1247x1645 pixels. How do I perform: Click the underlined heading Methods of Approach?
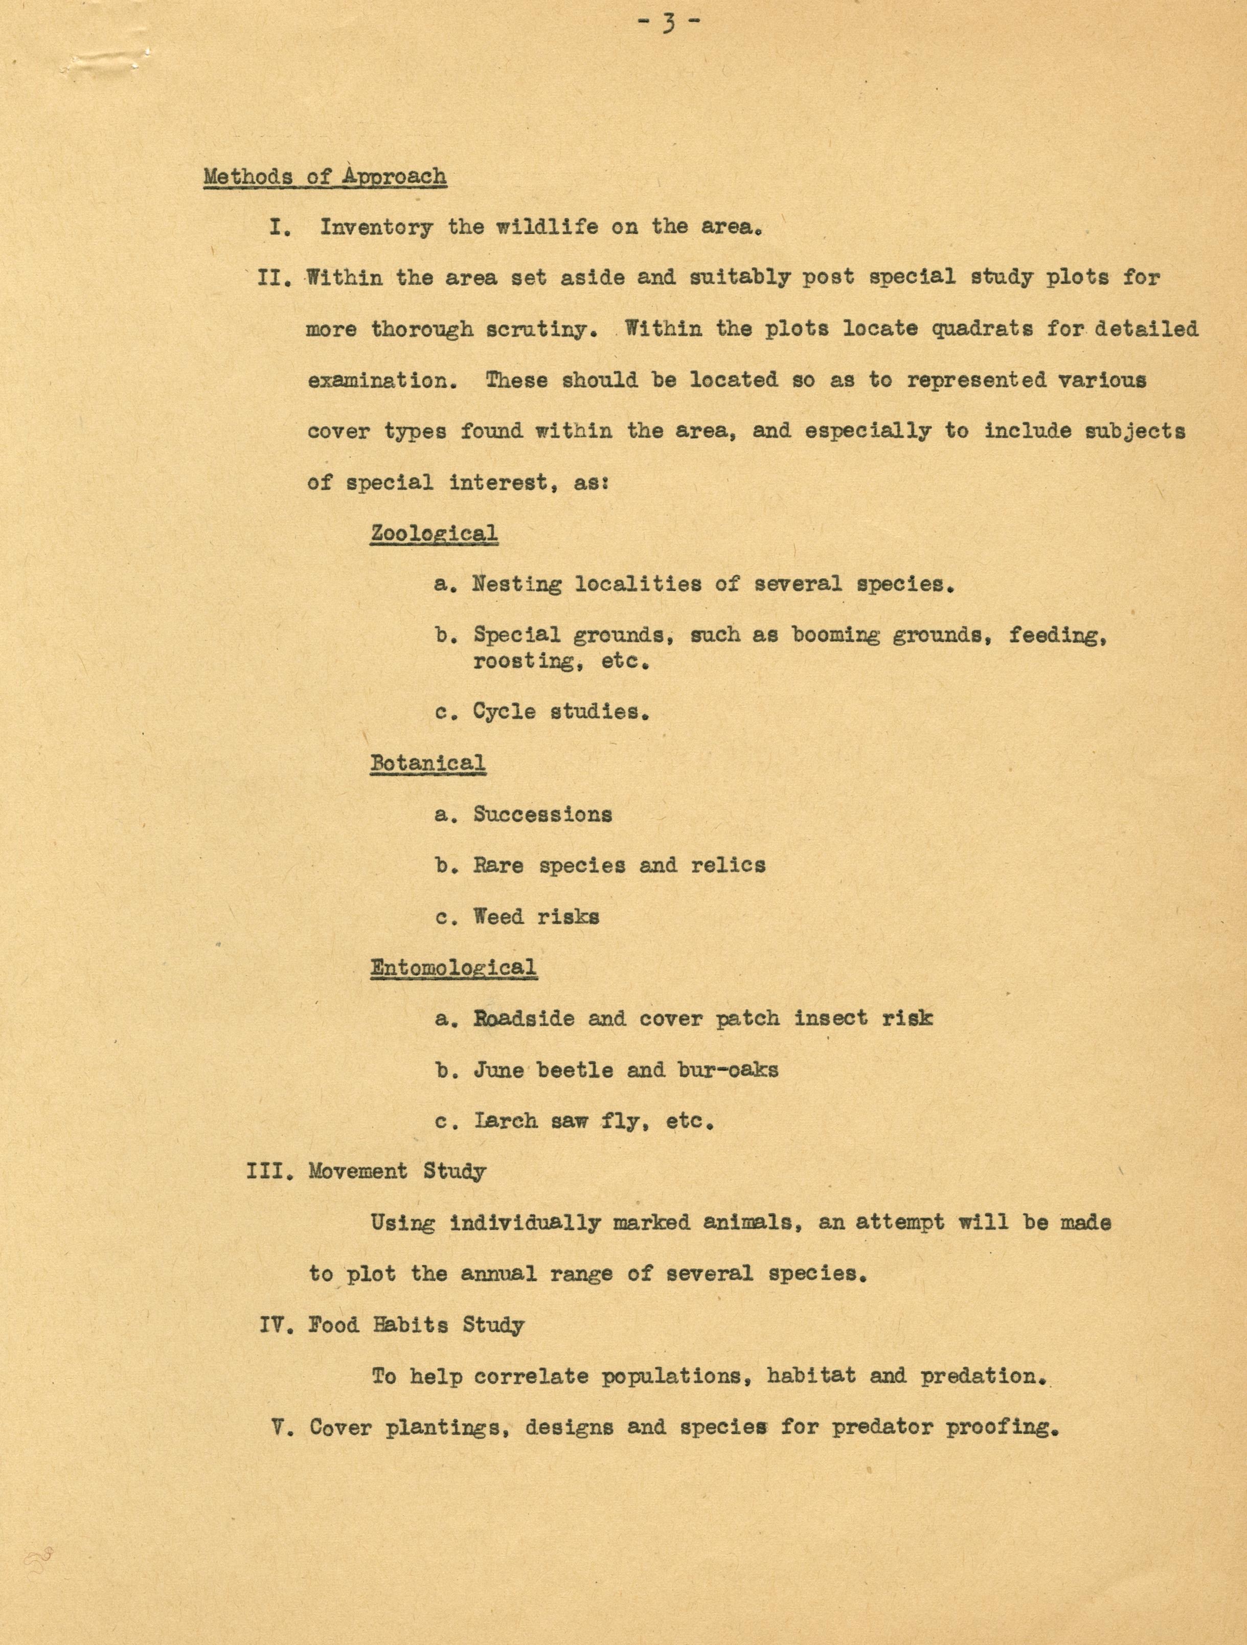click(325, 177)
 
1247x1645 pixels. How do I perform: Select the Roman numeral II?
click(273, 278)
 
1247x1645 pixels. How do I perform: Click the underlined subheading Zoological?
click(434, 533)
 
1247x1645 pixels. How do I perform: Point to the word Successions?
click(543, 815)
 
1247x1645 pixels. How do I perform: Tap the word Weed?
click(498, 917)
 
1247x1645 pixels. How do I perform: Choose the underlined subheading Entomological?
click(454, 967)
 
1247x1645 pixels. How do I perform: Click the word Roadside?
click(524, 1019)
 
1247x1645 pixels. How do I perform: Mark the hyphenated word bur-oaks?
click(728, 1070)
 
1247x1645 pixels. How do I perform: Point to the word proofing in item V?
click(1002, 1427)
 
